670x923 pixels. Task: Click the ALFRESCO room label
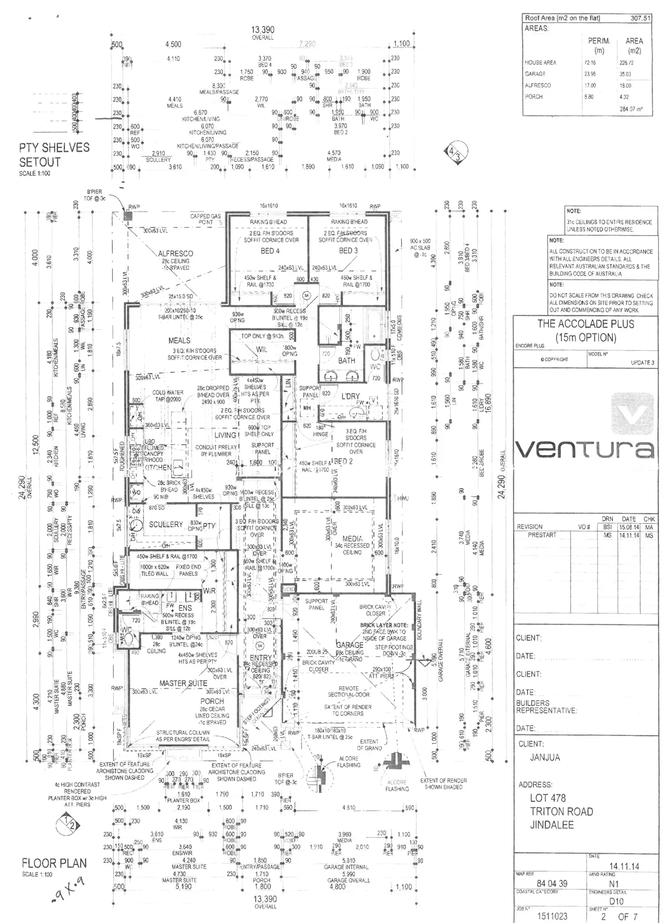[x=175, y=253]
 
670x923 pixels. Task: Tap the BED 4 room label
[x=270, y=251]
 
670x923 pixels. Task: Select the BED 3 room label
[x=348, y=251]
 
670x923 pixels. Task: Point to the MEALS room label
[x=179, y=340]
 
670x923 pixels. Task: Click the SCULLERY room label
[x=166, y=525]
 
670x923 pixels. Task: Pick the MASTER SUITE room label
[x=183, y=683]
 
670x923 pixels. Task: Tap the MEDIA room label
[x=352, y=539]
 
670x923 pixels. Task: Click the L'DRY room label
[x=350, y=396]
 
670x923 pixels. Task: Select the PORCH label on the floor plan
[x=212, y=701]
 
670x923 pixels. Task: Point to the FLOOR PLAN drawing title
[x=54, y=863]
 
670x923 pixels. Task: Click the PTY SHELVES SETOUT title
[x=54, y=155]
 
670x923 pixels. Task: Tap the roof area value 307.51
[x=640, y=18]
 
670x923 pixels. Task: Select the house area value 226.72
[x=626, y=63]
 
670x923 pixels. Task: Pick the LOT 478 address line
[x=548, y=798]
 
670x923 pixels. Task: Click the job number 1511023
[x=552, y=916]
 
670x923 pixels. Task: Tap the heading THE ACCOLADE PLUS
[x=585, y=324]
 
